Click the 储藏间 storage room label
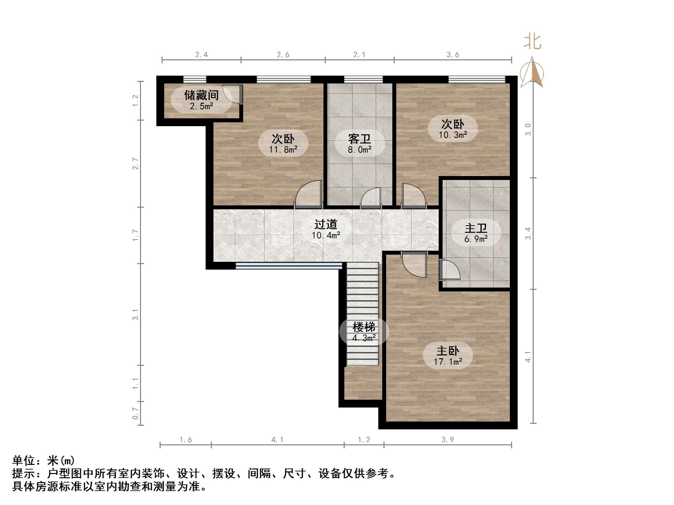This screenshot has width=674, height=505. click(201, 95)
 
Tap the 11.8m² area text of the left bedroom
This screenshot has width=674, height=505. click(283, 150)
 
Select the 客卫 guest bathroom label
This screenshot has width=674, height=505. click(359, 139)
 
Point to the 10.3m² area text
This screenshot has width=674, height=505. click(453, 135)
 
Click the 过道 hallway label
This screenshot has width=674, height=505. click(325, 224)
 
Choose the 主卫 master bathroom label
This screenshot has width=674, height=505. click(476, 228)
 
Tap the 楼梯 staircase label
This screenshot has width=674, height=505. click(364, 327)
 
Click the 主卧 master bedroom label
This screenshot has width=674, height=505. click(447, 351)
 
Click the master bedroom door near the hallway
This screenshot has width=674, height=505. click(414, 264)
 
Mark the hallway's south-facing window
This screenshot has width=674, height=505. click(289, 266)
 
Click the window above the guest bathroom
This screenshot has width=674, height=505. click(363, 79)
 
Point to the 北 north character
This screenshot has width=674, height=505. click(532, 42)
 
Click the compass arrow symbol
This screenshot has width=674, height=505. click(532, 72)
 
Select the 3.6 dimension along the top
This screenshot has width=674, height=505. click(452, 55)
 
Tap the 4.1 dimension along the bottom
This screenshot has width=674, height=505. click(277, 439)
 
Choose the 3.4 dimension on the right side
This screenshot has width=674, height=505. click(528, 233)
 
